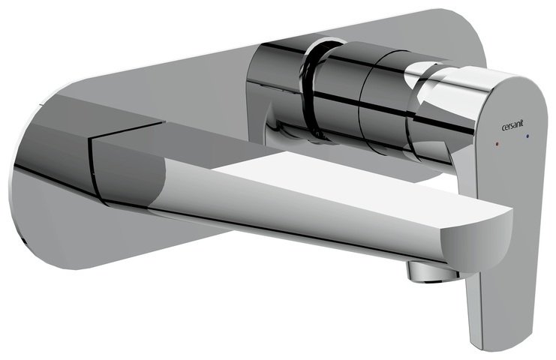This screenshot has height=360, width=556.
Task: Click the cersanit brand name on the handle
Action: (512, 124)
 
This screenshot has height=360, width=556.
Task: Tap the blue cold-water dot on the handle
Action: (528, 136)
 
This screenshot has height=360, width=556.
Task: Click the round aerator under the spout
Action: (430, 271)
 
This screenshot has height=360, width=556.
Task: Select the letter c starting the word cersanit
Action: (503, 124)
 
